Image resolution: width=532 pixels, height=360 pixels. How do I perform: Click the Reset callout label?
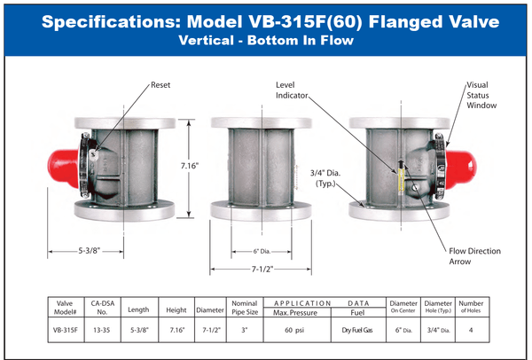click(x=160, y=85)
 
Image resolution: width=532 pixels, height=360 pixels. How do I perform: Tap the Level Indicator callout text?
click(x=292, y=90)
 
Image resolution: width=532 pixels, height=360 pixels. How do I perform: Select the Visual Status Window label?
click(x=481, y=95)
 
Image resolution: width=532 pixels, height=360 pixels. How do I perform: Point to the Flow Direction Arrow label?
click(x=474, y=256)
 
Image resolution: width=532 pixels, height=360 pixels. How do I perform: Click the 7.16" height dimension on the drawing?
click(x=190, y=166)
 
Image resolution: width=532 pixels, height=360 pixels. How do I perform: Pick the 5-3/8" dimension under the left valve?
click(x=90, y=251)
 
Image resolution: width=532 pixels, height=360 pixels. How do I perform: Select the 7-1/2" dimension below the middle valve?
click(x=262, y=269)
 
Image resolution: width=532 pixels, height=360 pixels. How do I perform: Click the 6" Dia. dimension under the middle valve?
click(x=262, y=252)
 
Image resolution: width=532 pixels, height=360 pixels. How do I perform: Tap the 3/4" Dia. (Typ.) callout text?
click(x=325, y=178)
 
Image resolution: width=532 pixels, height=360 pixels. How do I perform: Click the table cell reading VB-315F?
click(x=65, y=330)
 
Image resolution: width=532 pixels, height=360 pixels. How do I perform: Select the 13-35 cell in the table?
click(x=101, y=330)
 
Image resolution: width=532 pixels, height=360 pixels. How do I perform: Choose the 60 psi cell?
click(x=294, y=330)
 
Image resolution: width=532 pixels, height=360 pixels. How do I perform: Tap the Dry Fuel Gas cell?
click(x=357, y=330)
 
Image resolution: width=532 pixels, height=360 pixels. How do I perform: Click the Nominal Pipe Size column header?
click(x=245, y=308)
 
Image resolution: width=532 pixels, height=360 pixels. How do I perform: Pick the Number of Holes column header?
click(x=471, y=307)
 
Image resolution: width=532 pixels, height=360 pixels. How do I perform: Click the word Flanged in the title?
click(x=405, y=21)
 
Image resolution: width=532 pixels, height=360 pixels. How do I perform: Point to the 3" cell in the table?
click(x=245, y=330)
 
